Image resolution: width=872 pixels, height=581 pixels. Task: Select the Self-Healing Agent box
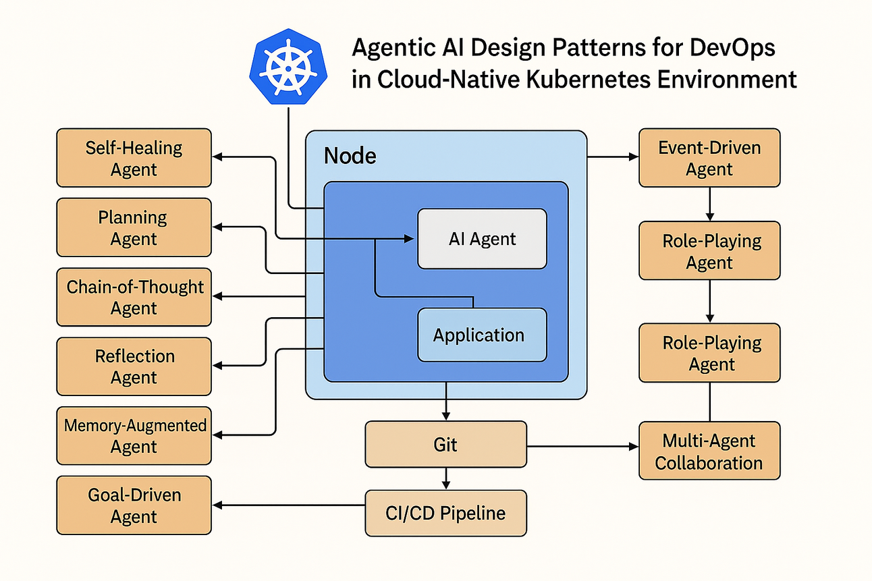tap(134, 158)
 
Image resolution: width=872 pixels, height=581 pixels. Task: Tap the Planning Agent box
tap(134, 227)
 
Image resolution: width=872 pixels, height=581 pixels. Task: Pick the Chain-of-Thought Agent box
tap(134, 297)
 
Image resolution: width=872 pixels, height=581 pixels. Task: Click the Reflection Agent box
tap(134, 366)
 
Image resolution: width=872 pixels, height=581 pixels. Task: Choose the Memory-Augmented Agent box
tap(134, 436)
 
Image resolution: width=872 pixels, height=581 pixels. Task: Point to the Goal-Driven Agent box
tap(134, 505)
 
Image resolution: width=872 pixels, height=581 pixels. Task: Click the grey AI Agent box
tap(482, 239)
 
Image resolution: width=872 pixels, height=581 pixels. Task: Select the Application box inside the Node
tap(482, 335)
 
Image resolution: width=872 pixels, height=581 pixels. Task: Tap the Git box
tap(445, 445)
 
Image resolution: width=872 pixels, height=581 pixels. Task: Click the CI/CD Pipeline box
tap(445, 513)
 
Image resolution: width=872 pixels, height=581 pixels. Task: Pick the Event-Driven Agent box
tap(709, 158)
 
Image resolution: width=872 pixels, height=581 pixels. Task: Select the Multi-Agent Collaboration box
tap(709, 451)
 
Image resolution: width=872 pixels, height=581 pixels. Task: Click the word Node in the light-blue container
tap(350, 156)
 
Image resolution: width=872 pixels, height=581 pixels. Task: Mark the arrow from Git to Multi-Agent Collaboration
tap(580, 447)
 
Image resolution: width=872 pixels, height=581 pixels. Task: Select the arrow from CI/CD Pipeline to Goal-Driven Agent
tap(290, 506)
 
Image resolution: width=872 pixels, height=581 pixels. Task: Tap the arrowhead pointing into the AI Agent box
tap(408, 239)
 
